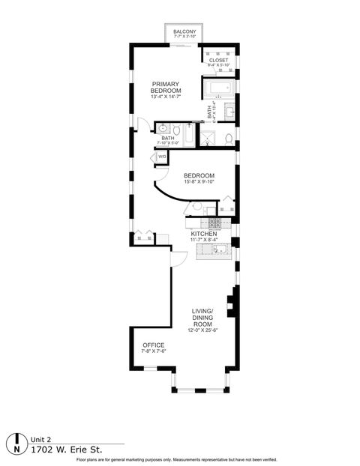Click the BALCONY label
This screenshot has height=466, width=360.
[184, 31]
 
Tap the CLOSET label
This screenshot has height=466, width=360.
[219, 60]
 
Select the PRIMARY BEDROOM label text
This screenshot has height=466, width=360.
[166, 87]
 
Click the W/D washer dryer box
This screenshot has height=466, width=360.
[162, 157]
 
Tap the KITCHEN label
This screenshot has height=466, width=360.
[204, 234]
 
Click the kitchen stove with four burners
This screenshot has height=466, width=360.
[214, 223]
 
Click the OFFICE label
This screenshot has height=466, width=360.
[153, 345]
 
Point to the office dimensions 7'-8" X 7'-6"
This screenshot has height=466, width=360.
[153, 351]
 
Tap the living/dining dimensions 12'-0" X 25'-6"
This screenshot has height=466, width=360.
[203, 330]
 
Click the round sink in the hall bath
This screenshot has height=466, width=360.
[163, 128]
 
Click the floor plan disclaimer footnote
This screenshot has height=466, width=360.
[180, 459]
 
